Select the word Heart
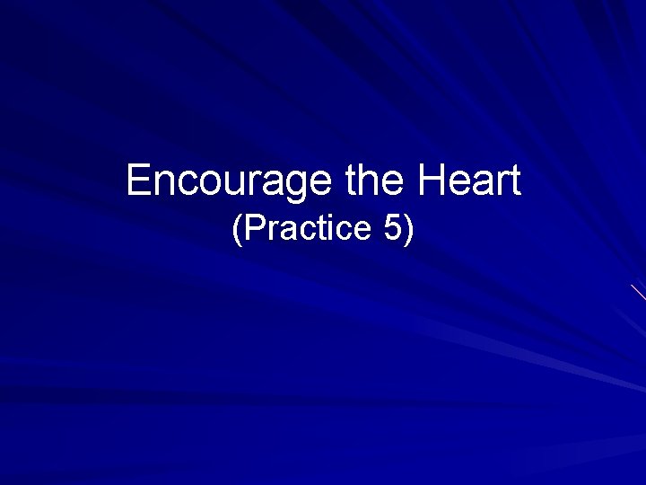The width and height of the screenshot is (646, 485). [x=467, y=181]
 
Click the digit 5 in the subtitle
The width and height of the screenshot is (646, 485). [x=393, y=229]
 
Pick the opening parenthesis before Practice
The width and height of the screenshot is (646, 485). [x=237, y=230]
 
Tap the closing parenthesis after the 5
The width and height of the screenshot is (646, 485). [x=409, y=230]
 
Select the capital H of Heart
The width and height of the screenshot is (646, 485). [x=429, y=181]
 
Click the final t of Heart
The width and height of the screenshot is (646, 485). [x=513, y=181]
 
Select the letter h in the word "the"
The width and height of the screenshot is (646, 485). [x=373, y=181]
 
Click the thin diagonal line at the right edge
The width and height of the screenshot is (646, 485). [x=638, y=292]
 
